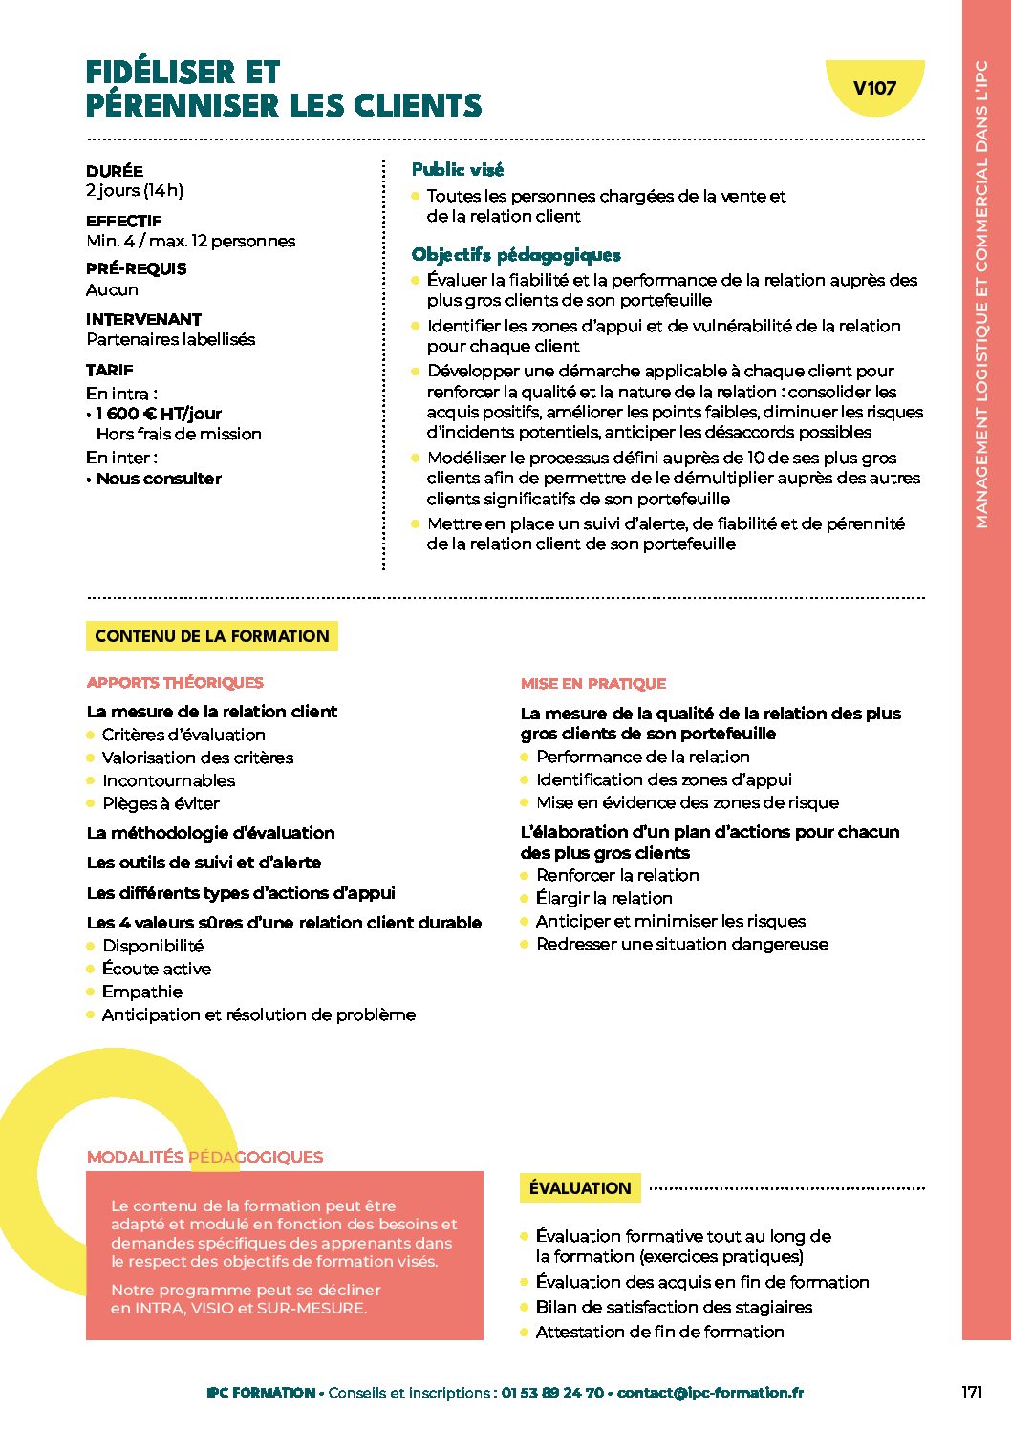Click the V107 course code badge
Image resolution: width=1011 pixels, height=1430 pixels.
pos(873,89)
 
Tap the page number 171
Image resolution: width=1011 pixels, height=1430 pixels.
pos(971,1392)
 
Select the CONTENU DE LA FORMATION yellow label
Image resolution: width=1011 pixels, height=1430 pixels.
pos(211,636)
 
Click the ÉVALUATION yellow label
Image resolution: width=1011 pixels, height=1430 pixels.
pos(580,1188)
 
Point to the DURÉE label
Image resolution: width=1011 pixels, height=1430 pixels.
pos(115,171)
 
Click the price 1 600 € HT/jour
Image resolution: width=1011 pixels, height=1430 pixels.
pos(159,414)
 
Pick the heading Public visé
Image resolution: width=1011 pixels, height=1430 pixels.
pos(457,170)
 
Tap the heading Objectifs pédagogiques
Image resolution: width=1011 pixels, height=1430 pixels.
pos(516,255)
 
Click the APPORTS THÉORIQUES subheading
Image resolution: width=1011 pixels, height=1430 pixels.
pos(175,683)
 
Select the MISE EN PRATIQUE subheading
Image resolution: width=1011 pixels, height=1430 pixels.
pos(593,684)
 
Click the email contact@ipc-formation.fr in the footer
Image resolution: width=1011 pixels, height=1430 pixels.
pos(710,1393)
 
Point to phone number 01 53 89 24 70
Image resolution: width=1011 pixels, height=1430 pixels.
pos(552,1393)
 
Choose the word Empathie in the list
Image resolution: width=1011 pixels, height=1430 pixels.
pos(142,992)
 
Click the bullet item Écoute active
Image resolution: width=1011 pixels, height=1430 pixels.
pos(157,969)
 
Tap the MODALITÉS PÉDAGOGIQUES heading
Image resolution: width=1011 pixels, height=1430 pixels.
pos(204,1157)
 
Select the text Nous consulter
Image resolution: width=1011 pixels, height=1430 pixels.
pos(159,479)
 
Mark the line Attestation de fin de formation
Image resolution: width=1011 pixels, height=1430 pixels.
pos(659,1332)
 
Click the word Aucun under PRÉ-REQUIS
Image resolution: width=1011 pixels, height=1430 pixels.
pos(112,289)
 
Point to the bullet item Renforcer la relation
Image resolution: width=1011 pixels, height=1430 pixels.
pos(617,875)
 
